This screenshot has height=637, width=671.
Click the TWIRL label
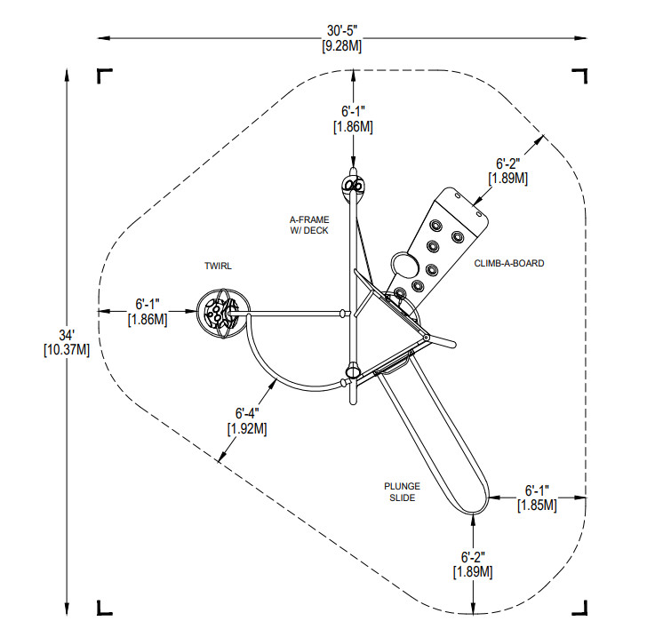218,267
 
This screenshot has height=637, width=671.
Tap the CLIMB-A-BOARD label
509,263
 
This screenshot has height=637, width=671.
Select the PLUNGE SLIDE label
402,492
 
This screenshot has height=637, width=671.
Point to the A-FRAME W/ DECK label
309,225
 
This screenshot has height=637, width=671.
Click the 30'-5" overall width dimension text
342,31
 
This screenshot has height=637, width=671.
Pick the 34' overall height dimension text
67,335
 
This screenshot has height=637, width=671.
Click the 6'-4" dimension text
247,413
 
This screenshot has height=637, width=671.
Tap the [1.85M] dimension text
537,506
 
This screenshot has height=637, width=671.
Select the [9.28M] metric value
342,46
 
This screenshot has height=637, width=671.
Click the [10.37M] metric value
67,350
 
